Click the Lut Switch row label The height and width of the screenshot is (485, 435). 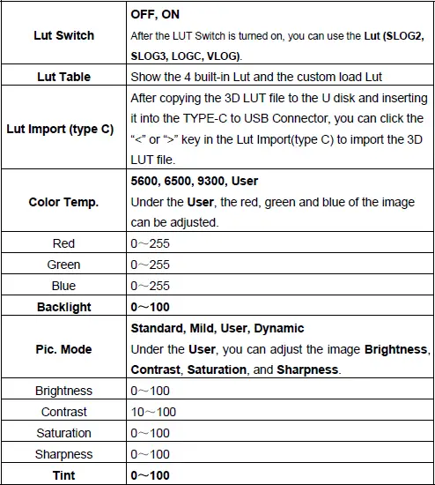coord(63,36)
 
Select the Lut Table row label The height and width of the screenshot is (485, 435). coord(63,77)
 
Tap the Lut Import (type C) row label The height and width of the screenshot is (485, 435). coord(63,129)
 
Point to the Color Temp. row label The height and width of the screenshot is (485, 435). coord(63,202)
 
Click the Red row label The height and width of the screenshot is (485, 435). coord(63,243)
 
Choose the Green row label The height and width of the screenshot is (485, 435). coord(63,265)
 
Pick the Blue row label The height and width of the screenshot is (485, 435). coord(63,286)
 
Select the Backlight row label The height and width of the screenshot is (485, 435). coord(63,307)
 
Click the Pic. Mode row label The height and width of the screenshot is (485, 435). coord(63,349)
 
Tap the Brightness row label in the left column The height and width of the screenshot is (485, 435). coord(63,391)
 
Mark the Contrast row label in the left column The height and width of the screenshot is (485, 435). coord(63,412)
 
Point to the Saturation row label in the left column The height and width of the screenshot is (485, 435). coord(63,433)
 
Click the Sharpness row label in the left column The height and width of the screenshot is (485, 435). coord(63,454)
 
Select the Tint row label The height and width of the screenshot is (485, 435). coord(63,475)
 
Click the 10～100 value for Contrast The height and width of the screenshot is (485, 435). coord(153,412)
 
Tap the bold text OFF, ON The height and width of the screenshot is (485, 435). coord(154,15)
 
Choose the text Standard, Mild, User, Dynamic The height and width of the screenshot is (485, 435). coord(217,328)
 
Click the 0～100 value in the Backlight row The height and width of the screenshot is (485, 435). coord(150,307)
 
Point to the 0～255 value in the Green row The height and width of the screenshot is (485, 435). coord(150,265)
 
